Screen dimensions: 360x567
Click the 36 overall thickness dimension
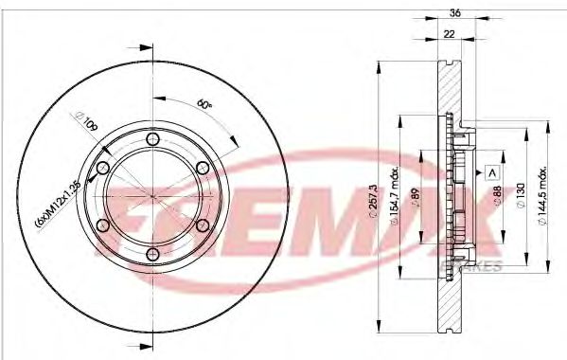pos(454,13)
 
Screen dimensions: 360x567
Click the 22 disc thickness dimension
pos(449,34)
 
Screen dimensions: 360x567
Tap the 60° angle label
pos(204,104)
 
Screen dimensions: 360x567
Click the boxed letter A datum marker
pos(492,171)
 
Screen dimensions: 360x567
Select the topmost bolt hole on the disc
pos(151,140)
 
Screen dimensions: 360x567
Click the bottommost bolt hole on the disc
pos(151,253)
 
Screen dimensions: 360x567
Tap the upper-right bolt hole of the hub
pos(201,169)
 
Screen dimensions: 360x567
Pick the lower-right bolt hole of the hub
pos(201,225)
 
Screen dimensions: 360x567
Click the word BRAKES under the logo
pos(479,268)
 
